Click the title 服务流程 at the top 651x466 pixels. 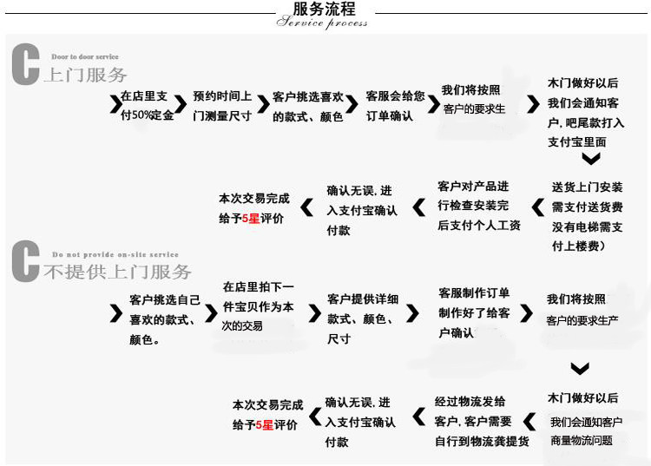pos(324,10)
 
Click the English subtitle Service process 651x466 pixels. pos(322,23)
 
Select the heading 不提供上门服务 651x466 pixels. pos(118,272)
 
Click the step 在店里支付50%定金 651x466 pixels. pos(147,105)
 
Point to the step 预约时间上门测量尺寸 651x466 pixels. pos(222,105)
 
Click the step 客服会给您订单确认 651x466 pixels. pos(395,105)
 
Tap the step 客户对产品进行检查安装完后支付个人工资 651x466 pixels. pos(478,206)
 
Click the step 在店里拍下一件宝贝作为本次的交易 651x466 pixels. pos(258,306)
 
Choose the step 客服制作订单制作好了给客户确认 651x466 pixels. pos(474,312)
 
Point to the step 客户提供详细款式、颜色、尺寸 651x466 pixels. pos(363,318)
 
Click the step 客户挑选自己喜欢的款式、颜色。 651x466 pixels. pos(164,318)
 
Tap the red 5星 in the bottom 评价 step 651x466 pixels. pos(263,425)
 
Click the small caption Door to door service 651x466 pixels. pos(85,56)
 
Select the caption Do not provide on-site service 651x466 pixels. pos(115,254)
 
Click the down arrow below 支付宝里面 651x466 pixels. pos(591,160)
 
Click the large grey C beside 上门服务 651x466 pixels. pos(25,65)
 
